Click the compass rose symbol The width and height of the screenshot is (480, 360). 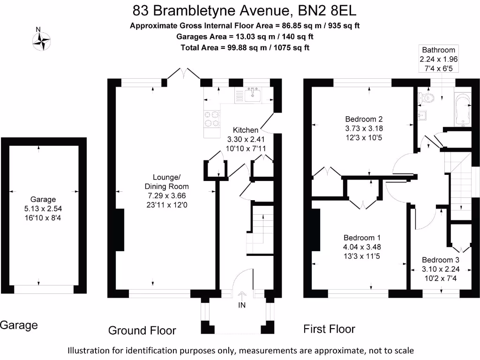tap(41, 41)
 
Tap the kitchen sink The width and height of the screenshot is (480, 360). tap(253, 95)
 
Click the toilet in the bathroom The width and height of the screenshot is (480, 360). tap(427, 97)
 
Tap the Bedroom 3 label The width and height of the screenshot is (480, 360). tap(440, 260)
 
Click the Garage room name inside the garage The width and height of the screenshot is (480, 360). tap(43, 199)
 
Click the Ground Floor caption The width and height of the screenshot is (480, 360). tap(142, 330)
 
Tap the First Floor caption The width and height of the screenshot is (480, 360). tap(329, 329)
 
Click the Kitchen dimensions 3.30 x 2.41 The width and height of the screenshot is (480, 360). tap(246, 140)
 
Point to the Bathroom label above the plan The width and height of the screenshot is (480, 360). tap(438, 50)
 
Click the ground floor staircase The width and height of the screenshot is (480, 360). tap(262, 230)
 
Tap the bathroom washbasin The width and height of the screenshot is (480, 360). tap(421, 115)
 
